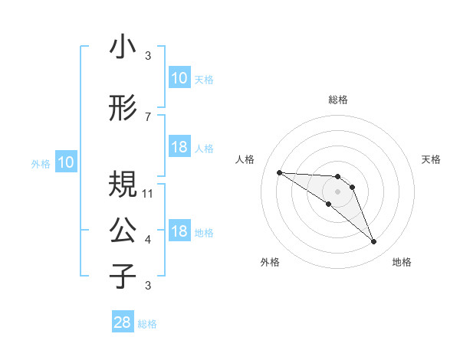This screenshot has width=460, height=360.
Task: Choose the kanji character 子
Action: [x=123, y=276]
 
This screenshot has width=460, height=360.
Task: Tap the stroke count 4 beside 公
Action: [x=148, y=240]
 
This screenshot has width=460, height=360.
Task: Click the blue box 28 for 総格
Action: [x=123, y=323]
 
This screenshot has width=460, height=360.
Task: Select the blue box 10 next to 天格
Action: [x=179, y=78]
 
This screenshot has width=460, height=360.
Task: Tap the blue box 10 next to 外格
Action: [x=66, y=162]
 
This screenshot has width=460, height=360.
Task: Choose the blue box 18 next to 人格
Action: [x=179, y=147]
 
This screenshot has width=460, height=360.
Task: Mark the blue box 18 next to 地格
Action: [x=179, y=232]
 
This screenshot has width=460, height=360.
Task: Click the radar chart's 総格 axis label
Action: [x=338, y=100]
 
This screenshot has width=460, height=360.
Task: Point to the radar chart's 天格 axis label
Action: [x=431, y=159]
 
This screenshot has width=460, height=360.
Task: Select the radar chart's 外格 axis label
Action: [x=270, y=262]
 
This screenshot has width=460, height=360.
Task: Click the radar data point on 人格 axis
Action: [x=279, y=172]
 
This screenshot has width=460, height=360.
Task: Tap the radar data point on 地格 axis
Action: [x=373, y=242]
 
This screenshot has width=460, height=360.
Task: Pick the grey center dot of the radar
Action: [x=338, y=191]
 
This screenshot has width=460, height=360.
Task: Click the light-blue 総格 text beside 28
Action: [x=147, y=324]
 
